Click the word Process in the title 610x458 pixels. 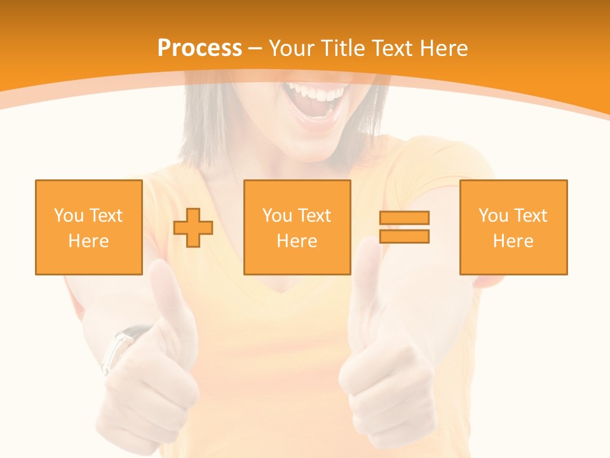(200, 48)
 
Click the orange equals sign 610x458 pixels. (404, 227)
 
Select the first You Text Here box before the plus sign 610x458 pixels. (89, 227)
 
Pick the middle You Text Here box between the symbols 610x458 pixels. (297, 227)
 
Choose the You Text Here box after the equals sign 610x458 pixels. (513, 227)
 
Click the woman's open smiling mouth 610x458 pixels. (316, 102)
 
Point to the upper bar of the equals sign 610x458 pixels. (404, 218)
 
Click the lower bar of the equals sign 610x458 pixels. (404, 237)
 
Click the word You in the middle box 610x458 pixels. (277, 216)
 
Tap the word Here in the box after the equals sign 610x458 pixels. (513, 241)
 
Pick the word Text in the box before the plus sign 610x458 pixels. (105, 216)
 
